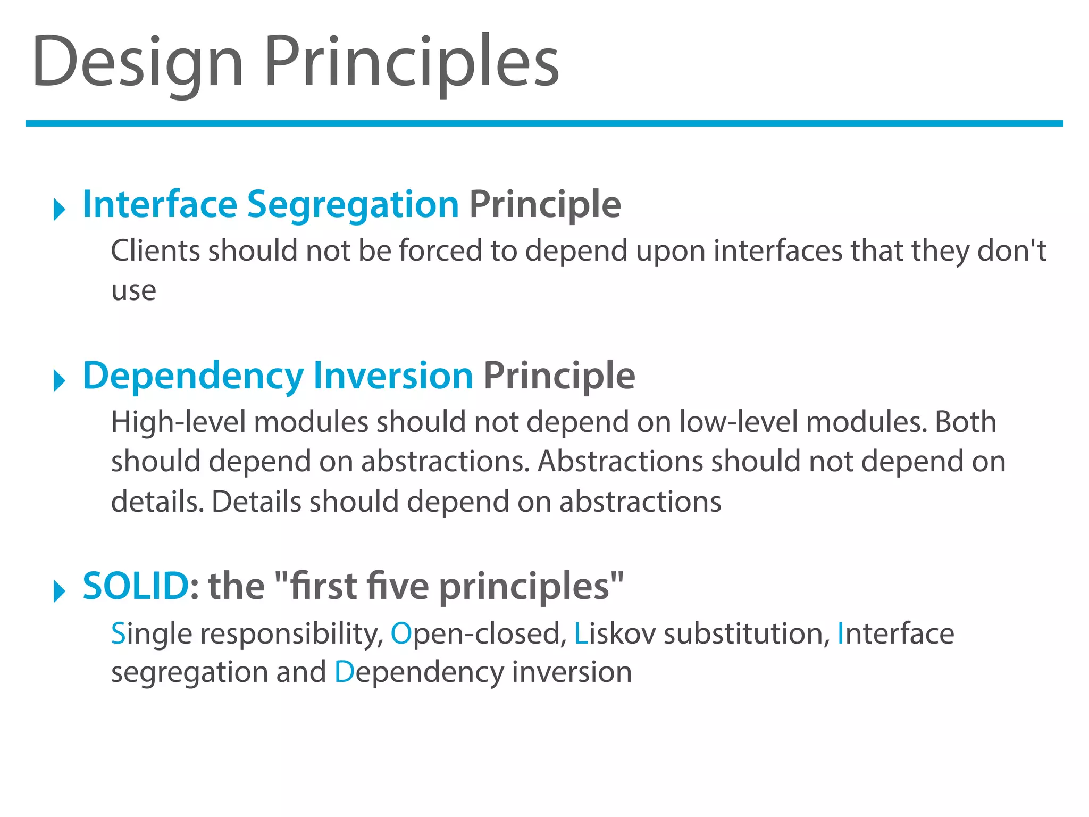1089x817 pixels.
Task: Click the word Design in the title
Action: click(x=137, y=61)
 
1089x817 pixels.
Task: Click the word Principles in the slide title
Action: click(x=412, y=61)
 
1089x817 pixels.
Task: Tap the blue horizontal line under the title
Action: click(x=544, y=123)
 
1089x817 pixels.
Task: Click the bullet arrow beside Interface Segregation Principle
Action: click(x=59, y=209)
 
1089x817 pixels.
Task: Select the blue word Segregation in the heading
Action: click(x=353, y=205)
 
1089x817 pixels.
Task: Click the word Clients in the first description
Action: click(x=155, y=251)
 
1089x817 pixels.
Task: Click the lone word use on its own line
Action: click(x=133, y=291)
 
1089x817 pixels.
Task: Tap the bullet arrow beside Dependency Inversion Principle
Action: click(x=59, y=381)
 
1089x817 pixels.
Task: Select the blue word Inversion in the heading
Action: click(x=393, y=376)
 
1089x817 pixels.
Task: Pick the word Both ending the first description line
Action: click(x=965, y=422)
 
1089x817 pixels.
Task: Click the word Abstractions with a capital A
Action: click(x=621, y=461)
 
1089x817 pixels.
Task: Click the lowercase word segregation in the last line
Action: click(x=188, y=673)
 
